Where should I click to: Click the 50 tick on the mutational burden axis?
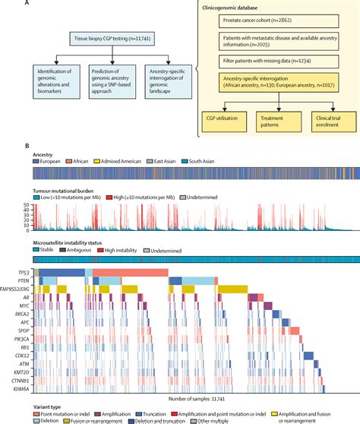(27, 204)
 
